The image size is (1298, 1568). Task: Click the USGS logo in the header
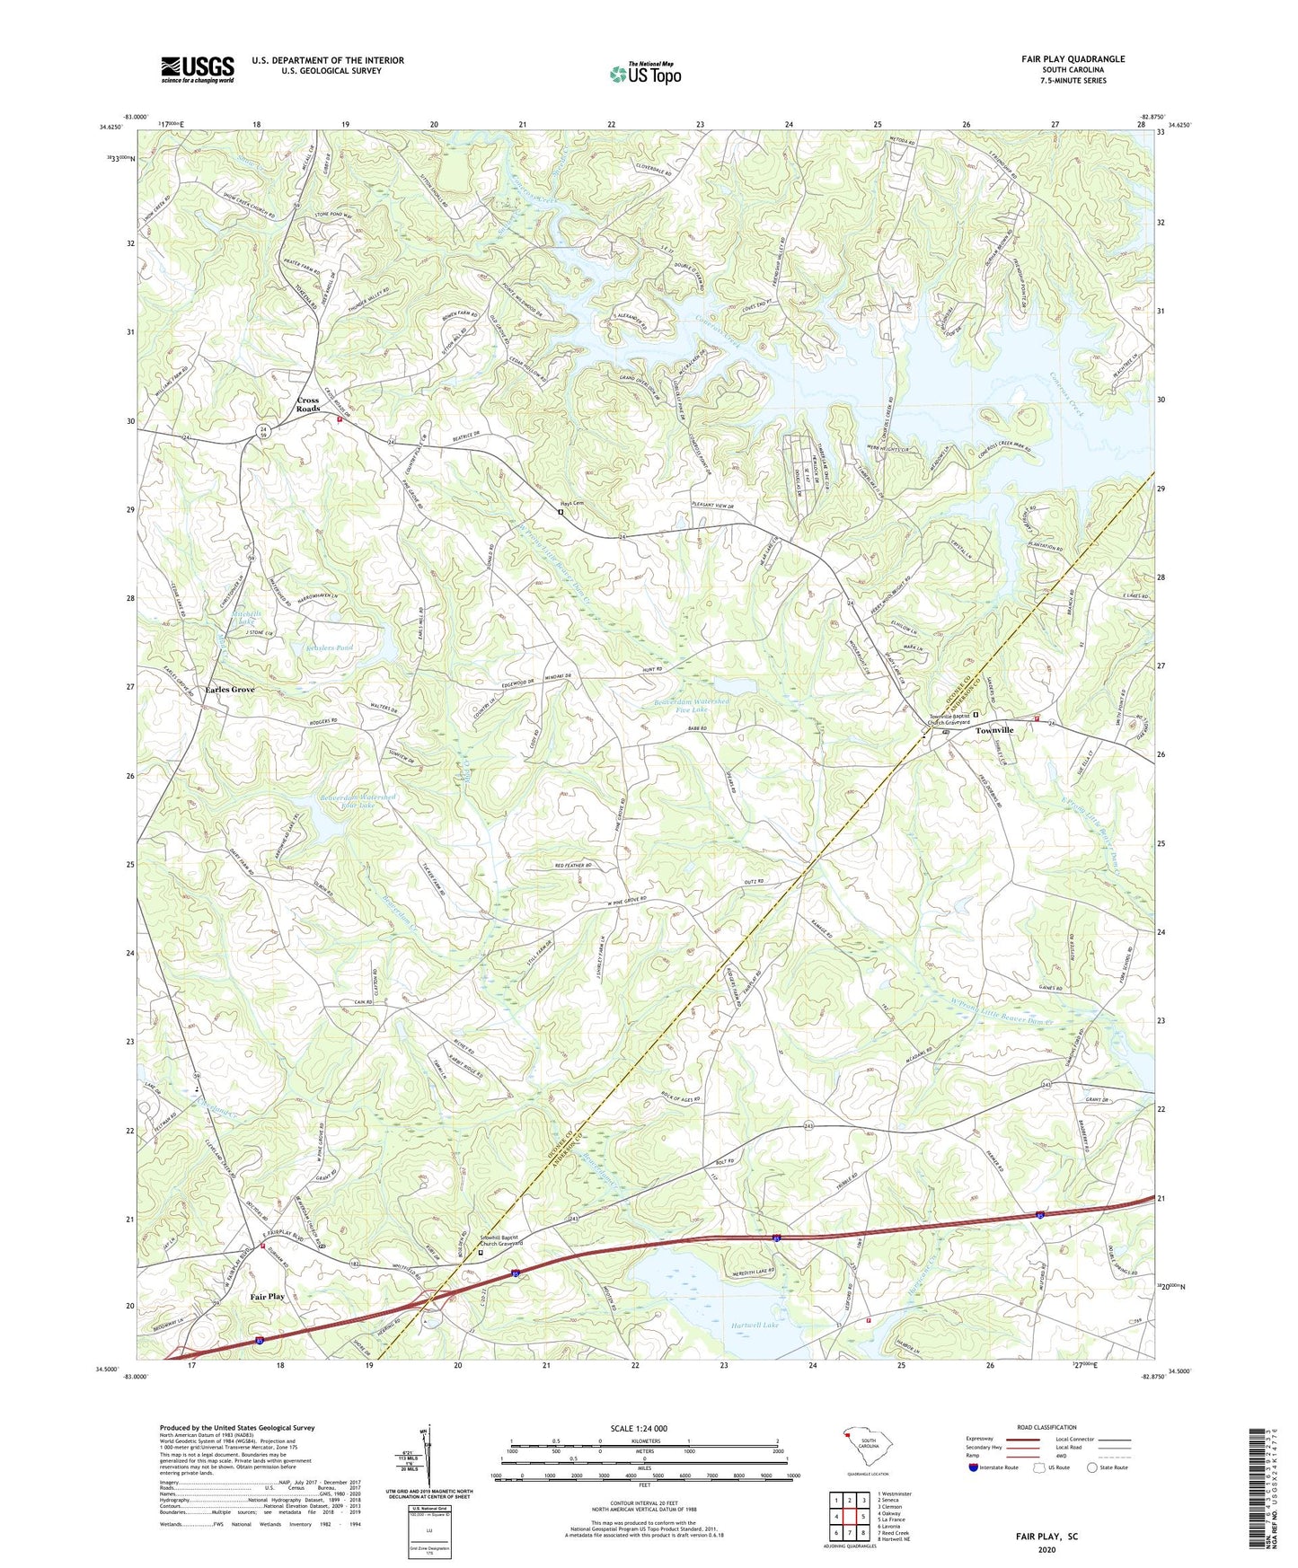click(198, 69)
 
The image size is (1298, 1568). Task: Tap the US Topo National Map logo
click(644, 74)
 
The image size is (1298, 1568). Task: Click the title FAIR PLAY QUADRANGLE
click(1073, 59)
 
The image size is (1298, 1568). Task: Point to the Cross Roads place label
click(308, 404)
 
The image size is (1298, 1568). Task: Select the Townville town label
click(994, 730)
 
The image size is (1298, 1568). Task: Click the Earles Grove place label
click(230, 690)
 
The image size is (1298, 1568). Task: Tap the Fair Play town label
click(267, 1296)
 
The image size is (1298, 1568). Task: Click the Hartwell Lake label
click(754, 1325)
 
